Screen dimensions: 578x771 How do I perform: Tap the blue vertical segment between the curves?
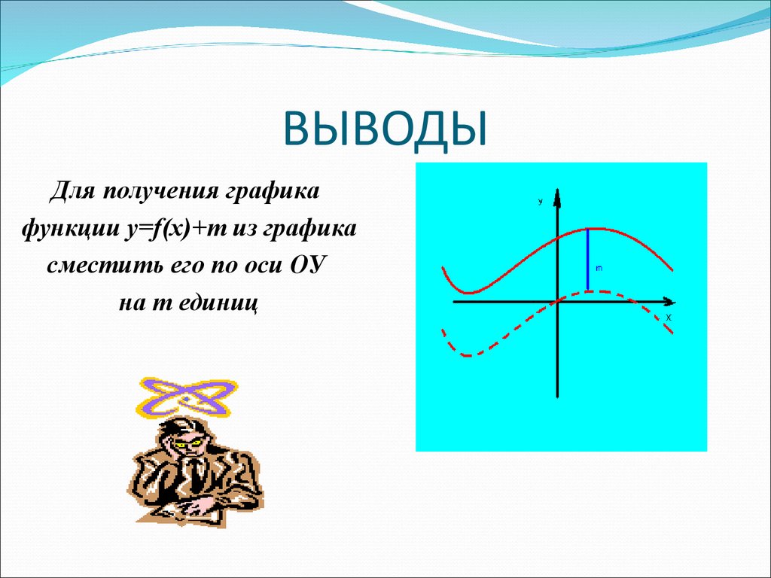click(588, 259)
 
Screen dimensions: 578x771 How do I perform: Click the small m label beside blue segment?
click(599, 267)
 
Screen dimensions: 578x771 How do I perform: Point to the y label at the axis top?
click(541, 201)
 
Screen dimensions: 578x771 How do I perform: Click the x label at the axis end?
click(667, 318)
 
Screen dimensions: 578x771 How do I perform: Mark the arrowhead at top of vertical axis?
click(557, 196)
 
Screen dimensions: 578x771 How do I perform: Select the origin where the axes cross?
click(557, 301)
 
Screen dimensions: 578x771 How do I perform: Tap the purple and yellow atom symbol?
click(185, 397)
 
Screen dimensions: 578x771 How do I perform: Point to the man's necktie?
click(195, 474)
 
